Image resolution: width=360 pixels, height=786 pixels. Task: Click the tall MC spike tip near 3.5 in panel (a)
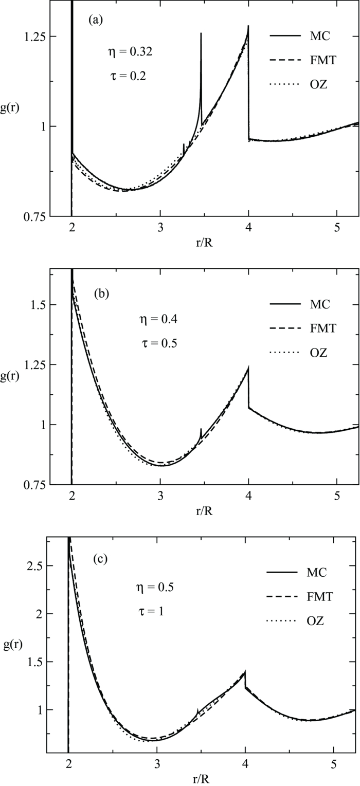point(201,33)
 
